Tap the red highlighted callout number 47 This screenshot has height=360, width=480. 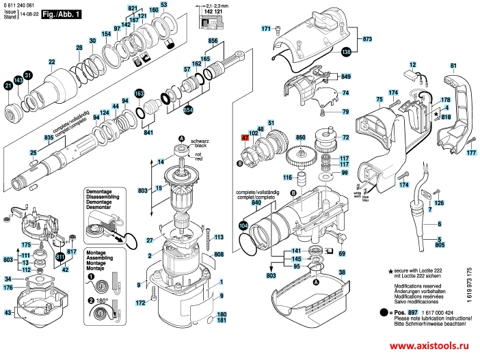pyautogui.click(x=244, y=137)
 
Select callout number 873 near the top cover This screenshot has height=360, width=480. pyautogui.click(x=366, y=39)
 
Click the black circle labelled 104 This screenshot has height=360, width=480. pyautogui.click(x=243, y=225)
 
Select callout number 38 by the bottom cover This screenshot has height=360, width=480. pyautogui.click(x=342, y=272)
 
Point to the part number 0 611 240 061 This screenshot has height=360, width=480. pyautogui.click(x=18, y=5)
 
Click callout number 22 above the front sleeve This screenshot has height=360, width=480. pyautogui.click(x=51, y=62)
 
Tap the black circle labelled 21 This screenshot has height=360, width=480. pyautogui.click(x=8, y=85)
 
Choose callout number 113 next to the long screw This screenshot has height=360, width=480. pyautogui.click(x=219, y=237)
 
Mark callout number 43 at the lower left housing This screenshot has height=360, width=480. pyautogui.click(x=8, y=313)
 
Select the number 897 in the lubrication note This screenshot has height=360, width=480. pyautogui.click(x=403, y=311)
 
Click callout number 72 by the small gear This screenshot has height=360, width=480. pyautogui.click(x=345, y=137)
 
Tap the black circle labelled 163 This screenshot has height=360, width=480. pyautogui.click(x=139, y=93)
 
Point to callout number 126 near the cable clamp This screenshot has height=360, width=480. pyautogui.click(x=438, y=204)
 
